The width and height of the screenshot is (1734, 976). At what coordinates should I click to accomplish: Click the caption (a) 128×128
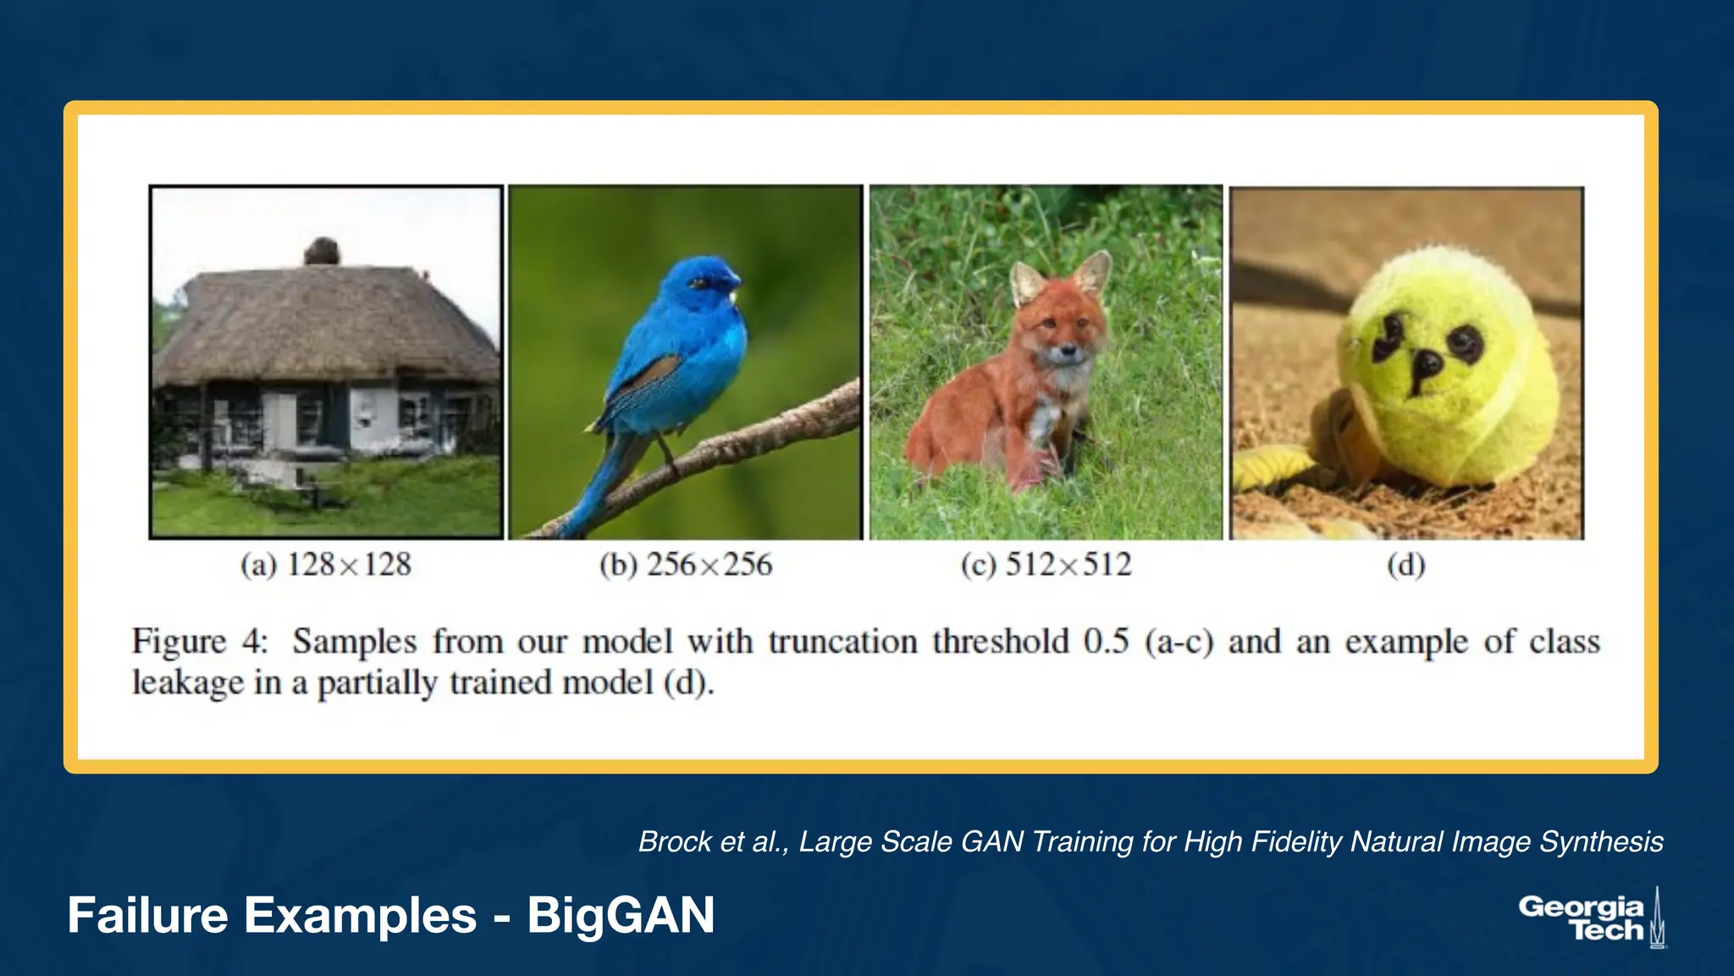326,565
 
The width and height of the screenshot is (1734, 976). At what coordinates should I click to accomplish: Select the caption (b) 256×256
686,565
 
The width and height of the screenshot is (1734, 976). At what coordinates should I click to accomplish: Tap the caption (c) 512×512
1046,565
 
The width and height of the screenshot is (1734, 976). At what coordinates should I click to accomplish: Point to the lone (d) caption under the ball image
1405,565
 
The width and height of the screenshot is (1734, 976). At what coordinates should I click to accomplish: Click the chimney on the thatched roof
322,252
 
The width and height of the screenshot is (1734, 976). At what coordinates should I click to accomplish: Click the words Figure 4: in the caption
200,641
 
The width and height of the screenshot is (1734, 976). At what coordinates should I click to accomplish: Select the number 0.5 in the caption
1106,641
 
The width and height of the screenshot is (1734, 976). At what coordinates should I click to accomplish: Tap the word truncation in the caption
842,641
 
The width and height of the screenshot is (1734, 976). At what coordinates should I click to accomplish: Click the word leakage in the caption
187,683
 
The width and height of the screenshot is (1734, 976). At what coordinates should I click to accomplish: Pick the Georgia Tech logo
1590,918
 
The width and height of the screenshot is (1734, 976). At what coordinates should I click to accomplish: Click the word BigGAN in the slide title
621,916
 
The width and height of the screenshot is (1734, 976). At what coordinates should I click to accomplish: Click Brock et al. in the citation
711,842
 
